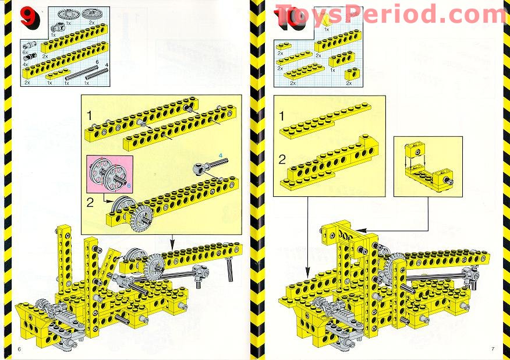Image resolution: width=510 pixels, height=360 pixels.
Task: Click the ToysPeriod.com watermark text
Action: coord(390,13)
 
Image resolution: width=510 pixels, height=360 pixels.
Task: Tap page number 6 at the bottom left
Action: coord(19,348)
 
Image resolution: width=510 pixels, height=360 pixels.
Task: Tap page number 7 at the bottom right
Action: coord(493,348)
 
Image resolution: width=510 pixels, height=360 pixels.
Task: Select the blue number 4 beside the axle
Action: coord(221,155)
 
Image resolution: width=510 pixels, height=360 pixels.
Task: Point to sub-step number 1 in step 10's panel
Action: coord(282,117)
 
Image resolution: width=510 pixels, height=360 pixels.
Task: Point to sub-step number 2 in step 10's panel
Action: coord(282,158)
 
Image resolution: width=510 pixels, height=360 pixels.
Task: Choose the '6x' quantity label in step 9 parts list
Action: coord(25,52)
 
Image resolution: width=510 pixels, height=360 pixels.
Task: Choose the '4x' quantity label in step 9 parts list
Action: coord(25,64)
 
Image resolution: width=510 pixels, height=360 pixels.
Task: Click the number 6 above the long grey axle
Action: coord(97,61)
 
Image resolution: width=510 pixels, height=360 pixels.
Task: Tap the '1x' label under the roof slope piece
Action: coord(326,29)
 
